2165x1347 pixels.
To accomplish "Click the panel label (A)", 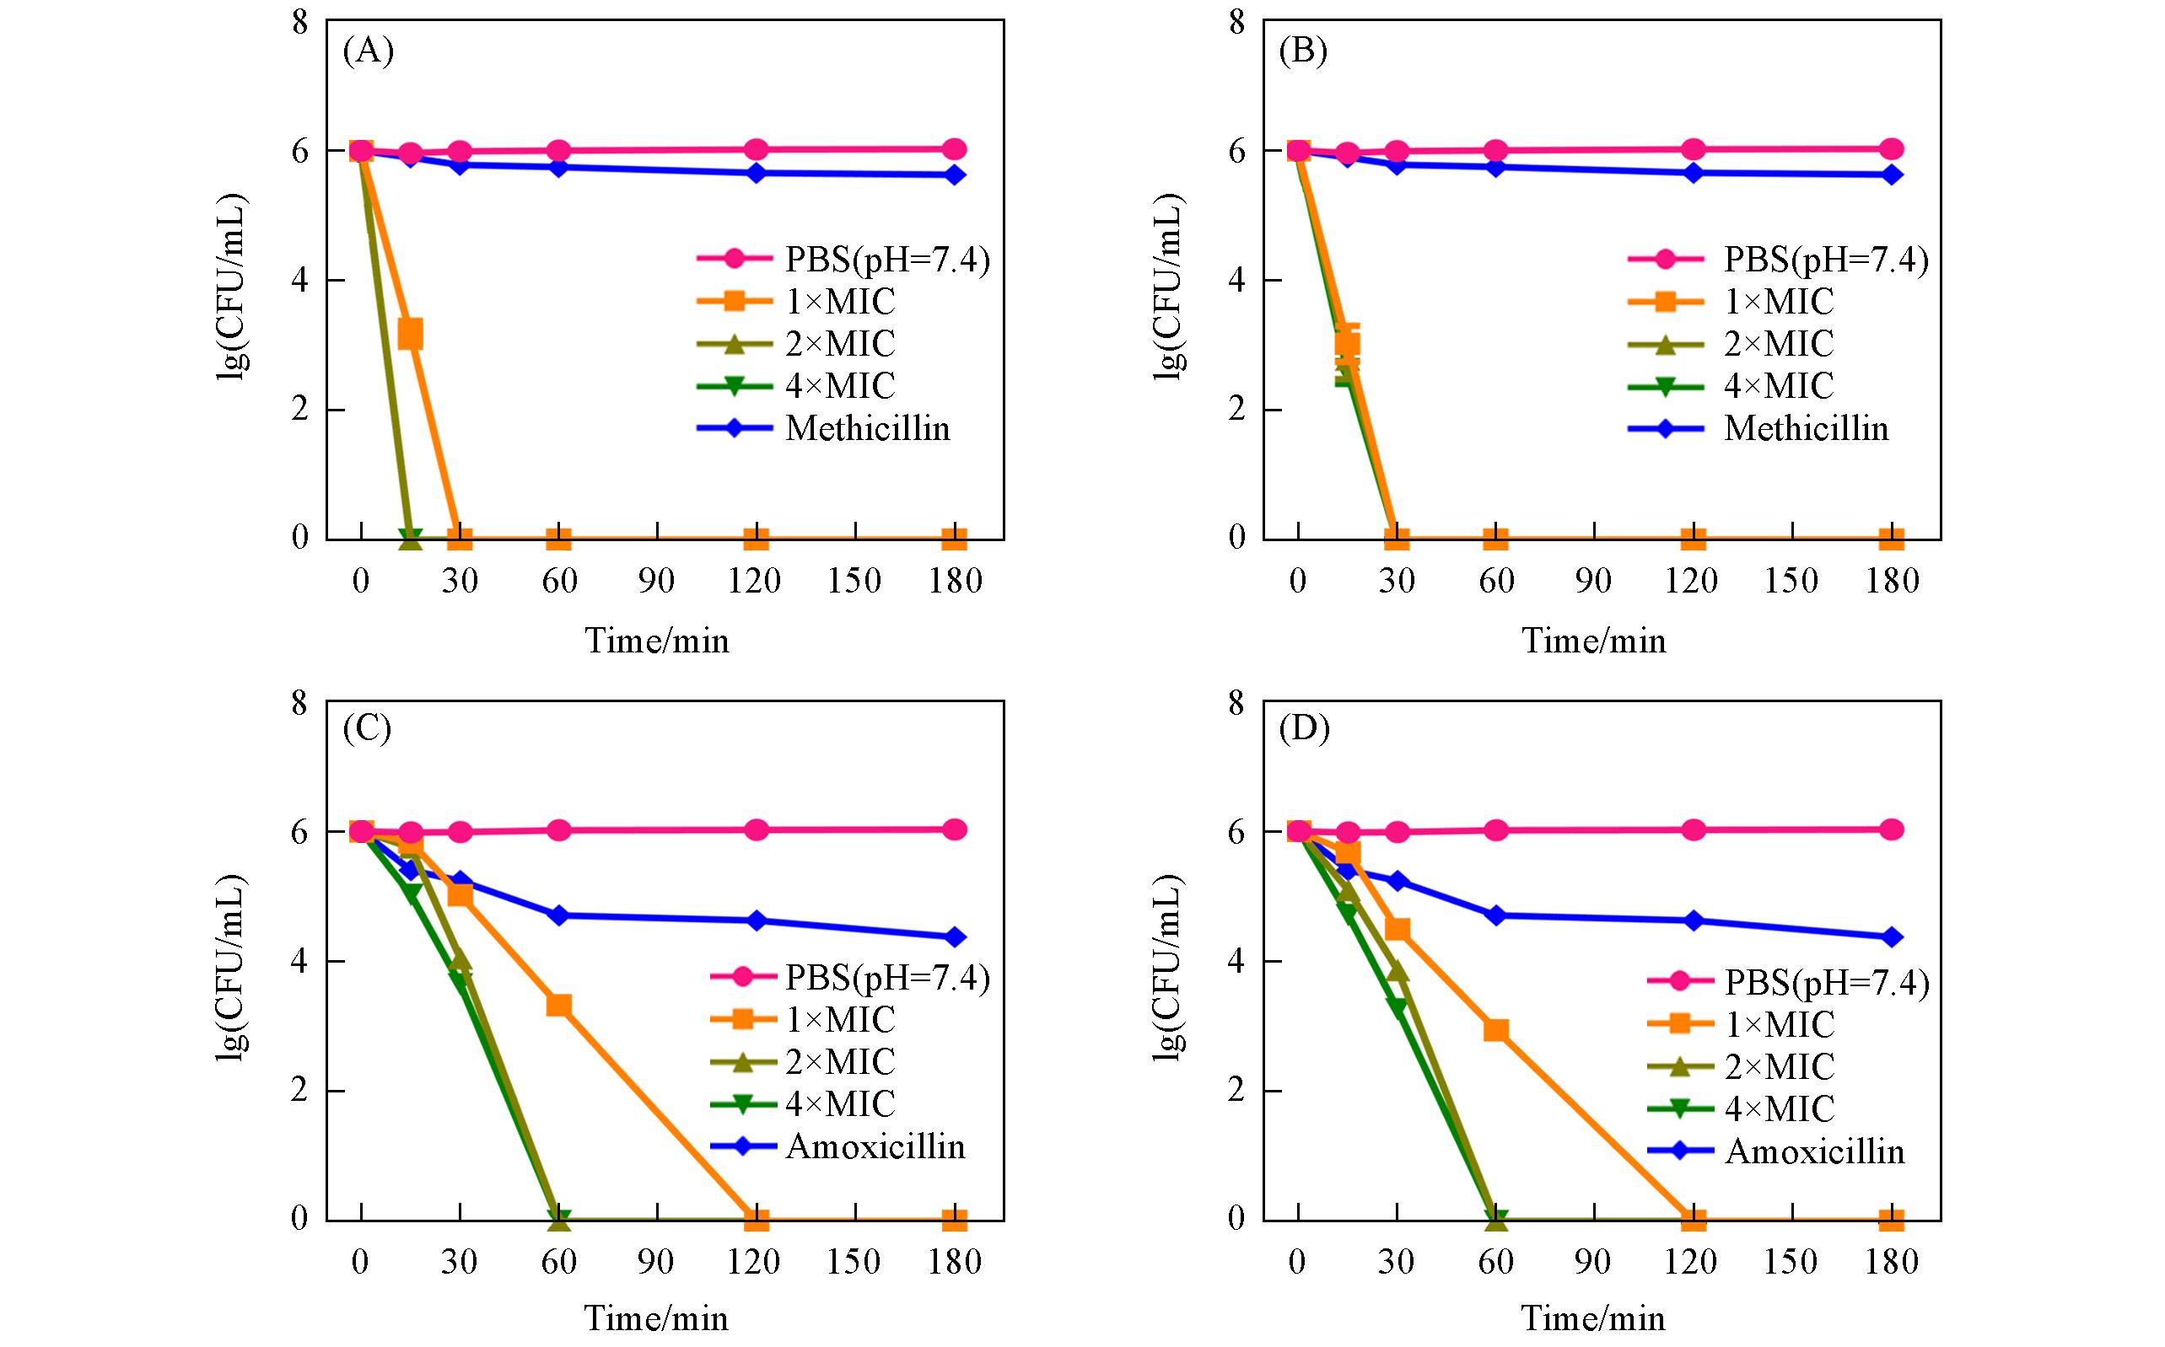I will pyautogui.click(x=367, y=51).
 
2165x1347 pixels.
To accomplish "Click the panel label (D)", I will pyautogui.click(x=1304, y=730).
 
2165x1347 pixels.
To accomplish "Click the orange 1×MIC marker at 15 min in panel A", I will pyautogui.click(x=410, y=335).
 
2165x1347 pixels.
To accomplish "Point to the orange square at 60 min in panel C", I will pyautogui.click(x=559, y=1006).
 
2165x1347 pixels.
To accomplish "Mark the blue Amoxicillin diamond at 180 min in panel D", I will pyautogui.click(x=1892, y=937).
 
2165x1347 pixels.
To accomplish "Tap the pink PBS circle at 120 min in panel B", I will pyautogui.click(x=1694, y=150).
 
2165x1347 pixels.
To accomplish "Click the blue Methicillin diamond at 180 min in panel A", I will pyautogui.click(x=955, y=174).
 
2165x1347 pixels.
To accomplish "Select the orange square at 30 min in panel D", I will pyautogui.click(x=1398, y=929).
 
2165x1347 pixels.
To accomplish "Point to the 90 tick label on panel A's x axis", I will pyautogui.click(x=657, y=582).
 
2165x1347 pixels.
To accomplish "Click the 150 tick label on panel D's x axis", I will pyautogui.click(x=1791, y=1262).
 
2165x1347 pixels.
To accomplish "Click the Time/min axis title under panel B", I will pyautogui.click(x=1594, y=641).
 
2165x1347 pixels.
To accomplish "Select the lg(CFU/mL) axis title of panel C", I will pyautogui.click(x=231, y=967).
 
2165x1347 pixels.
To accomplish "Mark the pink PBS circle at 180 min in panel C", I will pyautogui.click(x=955, y=829).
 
